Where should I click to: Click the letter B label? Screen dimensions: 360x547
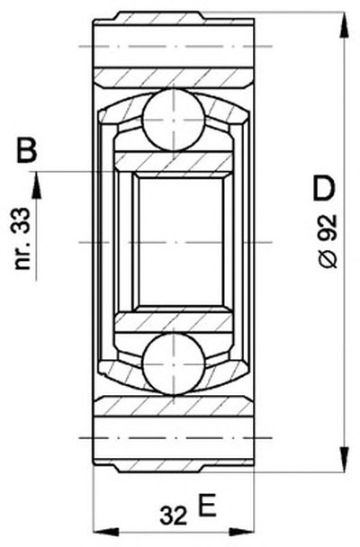point(26,150)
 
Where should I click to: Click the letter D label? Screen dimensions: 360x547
point(324,189)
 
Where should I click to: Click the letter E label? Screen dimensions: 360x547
point(207,505)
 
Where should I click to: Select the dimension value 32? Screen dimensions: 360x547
point(174,516)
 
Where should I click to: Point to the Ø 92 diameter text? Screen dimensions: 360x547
point(328,241)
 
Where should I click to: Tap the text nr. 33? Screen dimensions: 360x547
point(22,238)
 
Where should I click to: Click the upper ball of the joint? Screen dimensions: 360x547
point(174,120)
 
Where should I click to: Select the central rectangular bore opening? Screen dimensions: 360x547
point(181,241)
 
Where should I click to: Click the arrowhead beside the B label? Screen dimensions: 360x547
point(36,185)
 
